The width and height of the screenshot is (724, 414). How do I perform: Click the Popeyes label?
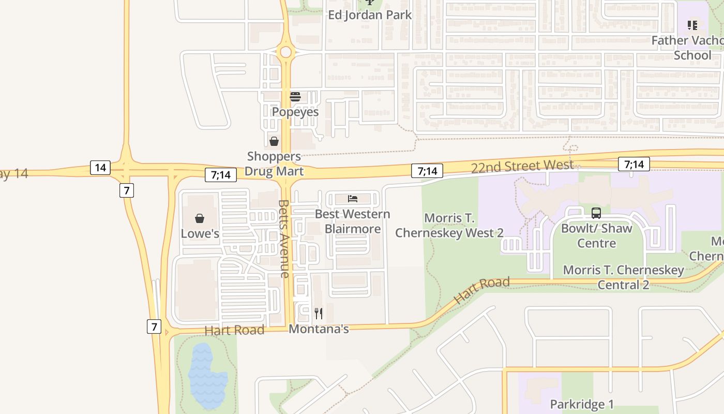click(295, 112)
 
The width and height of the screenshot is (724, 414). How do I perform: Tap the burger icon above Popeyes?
click(295, 97)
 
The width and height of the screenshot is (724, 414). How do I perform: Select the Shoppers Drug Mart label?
click(274, 164)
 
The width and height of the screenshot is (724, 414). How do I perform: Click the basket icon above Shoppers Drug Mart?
click(274, 141)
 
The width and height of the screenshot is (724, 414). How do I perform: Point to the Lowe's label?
click(200, 233)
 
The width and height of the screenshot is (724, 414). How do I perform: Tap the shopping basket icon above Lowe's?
click(200, 218)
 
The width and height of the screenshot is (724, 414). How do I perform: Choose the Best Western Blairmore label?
click(353, 221)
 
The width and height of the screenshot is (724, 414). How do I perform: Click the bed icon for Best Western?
click(353, 199)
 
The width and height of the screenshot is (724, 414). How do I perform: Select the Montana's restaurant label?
click(319, 329)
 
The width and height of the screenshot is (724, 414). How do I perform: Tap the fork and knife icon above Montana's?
click(319, 313)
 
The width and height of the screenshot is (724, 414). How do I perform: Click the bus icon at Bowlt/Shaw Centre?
click(596, 213)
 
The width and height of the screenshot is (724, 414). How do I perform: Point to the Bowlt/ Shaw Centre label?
click(596, 235)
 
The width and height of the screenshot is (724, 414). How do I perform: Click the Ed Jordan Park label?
click(370, 14)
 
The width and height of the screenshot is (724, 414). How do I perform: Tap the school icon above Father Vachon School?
click(692, 25)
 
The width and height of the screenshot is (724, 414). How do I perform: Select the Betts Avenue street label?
click(284, 239)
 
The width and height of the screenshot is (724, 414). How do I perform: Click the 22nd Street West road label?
click(522, 166)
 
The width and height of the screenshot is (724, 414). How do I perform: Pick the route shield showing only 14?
click(100, 167)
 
